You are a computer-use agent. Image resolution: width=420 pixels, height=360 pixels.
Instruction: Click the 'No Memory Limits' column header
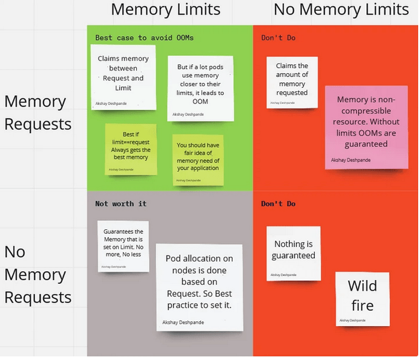[x=341, y=10]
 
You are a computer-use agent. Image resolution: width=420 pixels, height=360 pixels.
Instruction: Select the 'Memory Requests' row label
[x=38, y=113]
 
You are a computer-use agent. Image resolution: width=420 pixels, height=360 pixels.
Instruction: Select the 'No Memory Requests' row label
[x=38, y=275]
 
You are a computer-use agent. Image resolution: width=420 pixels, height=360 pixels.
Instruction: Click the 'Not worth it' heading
[x=121, y=204]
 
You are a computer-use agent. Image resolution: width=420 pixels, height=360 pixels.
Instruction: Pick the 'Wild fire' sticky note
[x=362, y=298]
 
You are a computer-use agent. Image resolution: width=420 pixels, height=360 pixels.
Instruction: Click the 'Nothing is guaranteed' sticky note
[x=294, y=253]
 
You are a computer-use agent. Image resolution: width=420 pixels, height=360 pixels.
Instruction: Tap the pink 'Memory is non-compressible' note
[x=366, y=126]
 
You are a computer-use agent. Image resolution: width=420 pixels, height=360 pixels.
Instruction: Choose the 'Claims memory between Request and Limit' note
[x=123, y=77]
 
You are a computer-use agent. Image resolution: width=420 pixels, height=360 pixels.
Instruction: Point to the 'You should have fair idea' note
[x=198, y=160]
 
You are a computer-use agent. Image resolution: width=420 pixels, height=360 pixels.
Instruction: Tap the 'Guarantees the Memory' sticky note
[x=123, y=245]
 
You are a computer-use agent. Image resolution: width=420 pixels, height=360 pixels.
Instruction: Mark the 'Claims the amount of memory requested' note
[x=292, y=82]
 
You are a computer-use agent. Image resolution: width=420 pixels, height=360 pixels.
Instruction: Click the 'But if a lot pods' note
[x=200, y=87]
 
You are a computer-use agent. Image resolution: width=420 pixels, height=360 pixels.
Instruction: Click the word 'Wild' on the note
[x=362, y=286]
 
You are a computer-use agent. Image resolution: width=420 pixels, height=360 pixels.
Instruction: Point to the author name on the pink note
[x=350, y=160]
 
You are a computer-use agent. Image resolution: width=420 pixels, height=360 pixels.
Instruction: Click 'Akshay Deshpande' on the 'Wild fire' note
[x=352, y=320]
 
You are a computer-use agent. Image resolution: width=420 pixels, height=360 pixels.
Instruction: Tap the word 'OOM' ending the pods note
[x=200, y=102]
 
